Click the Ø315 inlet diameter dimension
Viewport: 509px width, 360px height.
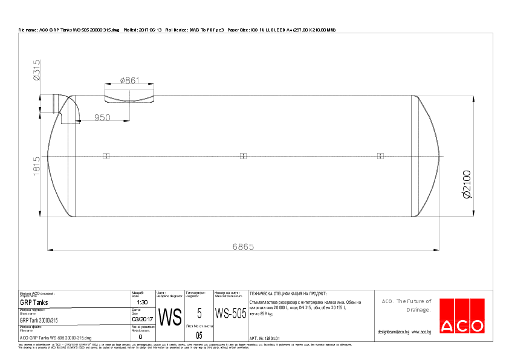pos(37,70)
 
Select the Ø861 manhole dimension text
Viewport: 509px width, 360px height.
pos(129,80)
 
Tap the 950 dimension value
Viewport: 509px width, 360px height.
pos(103,117)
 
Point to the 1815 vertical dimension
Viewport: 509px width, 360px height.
pos(37,167)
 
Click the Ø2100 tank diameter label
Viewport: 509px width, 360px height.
pos(467,184)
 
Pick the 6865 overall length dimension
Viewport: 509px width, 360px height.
pos(243,246)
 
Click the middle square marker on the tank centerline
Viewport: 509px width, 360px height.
pos(243,156)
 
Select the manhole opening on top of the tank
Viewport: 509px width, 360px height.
pos(129,96)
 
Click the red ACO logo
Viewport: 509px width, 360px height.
pos(462,316)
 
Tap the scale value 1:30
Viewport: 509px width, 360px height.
pos(142,302)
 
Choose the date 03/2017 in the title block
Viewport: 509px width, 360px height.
pos(141,319)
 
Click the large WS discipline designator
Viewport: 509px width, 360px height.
pos(169,316)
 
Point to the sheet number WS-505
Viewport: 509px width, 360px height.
pos(230,314)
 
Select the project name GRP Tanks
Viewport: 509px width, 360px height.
pos(34,303)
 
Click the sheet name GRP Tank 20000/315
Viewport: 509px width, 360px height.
pos(39,320)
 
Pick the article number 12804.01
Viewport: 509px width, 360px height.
pos(265,338)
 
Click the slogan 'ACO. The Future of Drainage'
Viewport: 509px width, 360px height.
pos(406,305)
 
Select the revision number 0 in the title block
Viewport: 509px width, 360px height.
pos(140,336)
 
